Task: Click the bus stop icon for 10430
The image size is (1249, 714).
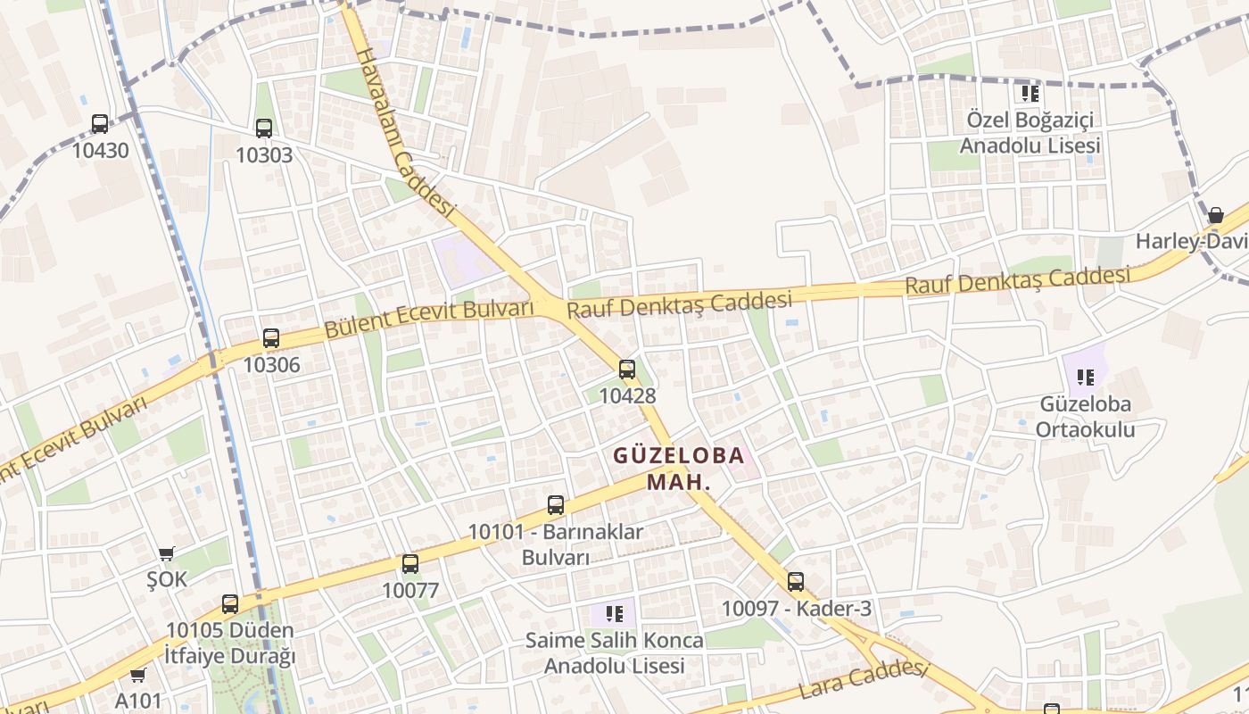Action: click(x=100, y=124)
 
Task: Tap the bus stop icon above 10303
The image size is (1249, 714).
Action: click(x=264, y=128)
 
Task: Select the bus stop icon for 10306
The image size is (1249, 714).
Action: click(x=271, y=338)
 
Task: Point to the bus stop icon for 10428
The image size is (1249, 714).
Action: click(x=627, y=369)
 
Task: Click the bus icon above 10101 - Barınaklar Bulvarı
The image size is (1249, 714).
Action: click(x=556, y=505)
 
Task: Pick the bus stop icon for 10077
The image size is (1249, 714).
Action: click(x=410, y=564)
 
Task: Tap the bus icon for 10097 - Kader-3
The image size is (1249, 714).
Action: click(x=796, y=582)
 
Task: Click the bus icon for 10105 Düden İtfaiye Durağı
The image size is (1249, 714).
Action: click(x=230, y=604)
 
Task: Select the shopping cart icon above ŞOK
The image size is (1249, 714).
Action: click(x=167, y=553)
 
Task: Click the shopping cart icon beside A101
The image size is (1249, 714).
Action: click(x=137, y=675)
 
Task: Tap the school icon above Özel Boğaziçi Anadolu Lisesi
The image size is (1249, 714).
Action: click(x=1030, y=93)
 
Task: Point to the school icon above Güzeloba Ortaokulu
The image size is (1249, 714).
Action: click(x=1085, y=377)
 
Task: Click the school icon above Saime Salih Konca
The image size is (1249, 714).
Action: click(x=614, y=613)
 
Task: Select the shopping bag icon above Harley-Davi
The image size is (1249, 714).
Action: click(x=1215, y=215)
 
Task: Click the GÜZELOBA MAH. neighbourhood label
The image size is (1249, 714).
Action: click(x=679, y=469)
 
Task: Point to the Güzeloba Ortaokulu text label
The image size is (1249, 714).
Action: click(x=1085, y=416)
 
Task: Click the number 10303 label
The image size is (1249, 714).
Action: click(x=264, y=155)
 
